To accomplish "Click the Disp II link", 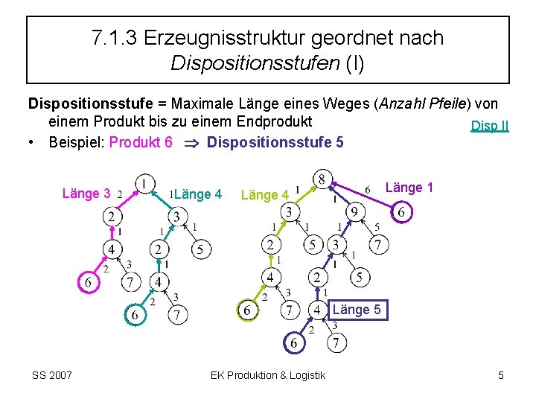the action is pos(490,125).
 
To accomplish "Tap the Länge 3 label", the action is pos(86,194).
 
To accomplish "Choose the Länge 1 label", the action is pos(409,188).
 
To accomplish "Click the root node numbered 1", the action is pos(144,182).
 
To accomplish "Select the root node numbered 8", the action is pos(322,179).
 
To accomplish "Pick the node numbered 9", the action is pos(354,213).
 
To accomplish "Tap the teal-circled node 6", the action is pos(135,315).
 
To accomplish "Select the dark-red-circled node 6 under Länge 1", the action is pos(401,213).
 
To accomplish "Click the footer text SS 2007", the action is pos(52,375).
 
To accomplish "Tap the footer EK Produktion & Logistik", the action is pos(268,375).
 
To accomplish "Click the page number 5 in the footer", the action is pos(501,375).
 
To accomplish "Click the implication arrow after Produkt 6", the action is pos(191,142).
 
